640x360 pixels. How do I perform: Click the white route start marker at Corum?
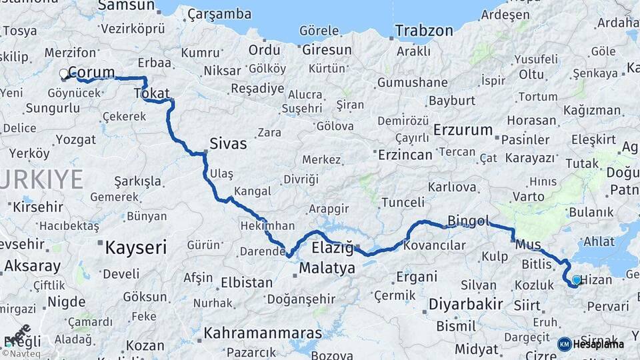click(x=64, y=73)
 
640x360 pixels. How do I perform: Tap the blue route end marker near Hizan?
click(x=577, y=280)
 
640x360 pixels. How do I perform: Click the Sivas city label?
click(x=228, y=143)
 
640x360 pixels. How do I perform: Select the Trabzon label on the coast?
click(x=424, y=31)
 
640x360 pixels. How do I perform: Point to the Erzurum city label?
click(x=463, y=129)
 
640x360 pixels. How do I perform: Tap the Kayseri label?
click(x=135, y=248)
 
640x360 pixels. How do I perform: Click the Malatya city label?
click(x=327, y=269)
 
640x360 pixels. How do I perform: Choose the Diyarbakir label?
click(x=465, y=304)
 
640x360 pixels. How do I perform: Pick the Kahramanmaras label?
click(x=263, y=332)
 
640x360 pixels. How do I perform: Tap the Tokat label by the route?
click(x=152, y=94)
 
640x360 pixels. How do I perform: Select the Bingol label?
click(x=469, y=221)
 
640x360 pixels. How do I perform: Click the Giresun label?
click(x=327, y=50)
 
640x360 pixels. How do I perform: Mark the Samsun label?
click(x=126, y=5)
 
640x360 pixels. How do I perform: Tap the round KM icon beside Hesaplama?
click(x=564, y=344)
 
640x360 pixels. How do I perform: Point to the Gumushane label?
click(x=412, y=83)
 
